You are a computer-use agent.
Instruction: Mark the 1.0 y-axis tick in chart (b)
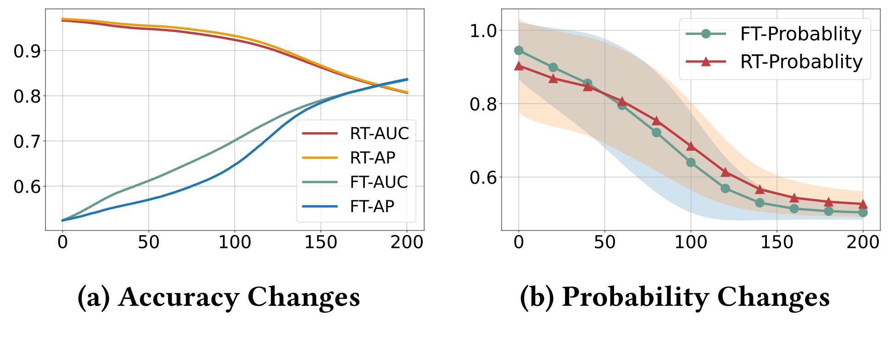[483, 31]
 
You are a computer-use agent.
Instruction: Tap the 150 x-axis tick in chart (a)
[321, 242]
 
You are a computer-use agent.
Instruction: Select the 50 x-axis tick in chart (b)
[604, 242]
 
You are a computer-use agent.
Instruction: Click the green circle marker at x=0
[519, 51]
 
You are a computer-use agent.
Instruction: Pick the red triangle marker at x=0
[519, 66]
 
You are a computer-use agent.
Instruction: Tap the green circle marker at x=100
[691, 163]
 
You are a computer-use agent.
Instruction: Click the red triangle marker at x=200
[863, 204]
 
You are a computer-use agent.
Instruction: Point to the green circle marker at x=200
[863, 213]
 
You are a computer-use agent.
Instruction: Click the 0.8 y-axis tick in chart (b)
[483, 104]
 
